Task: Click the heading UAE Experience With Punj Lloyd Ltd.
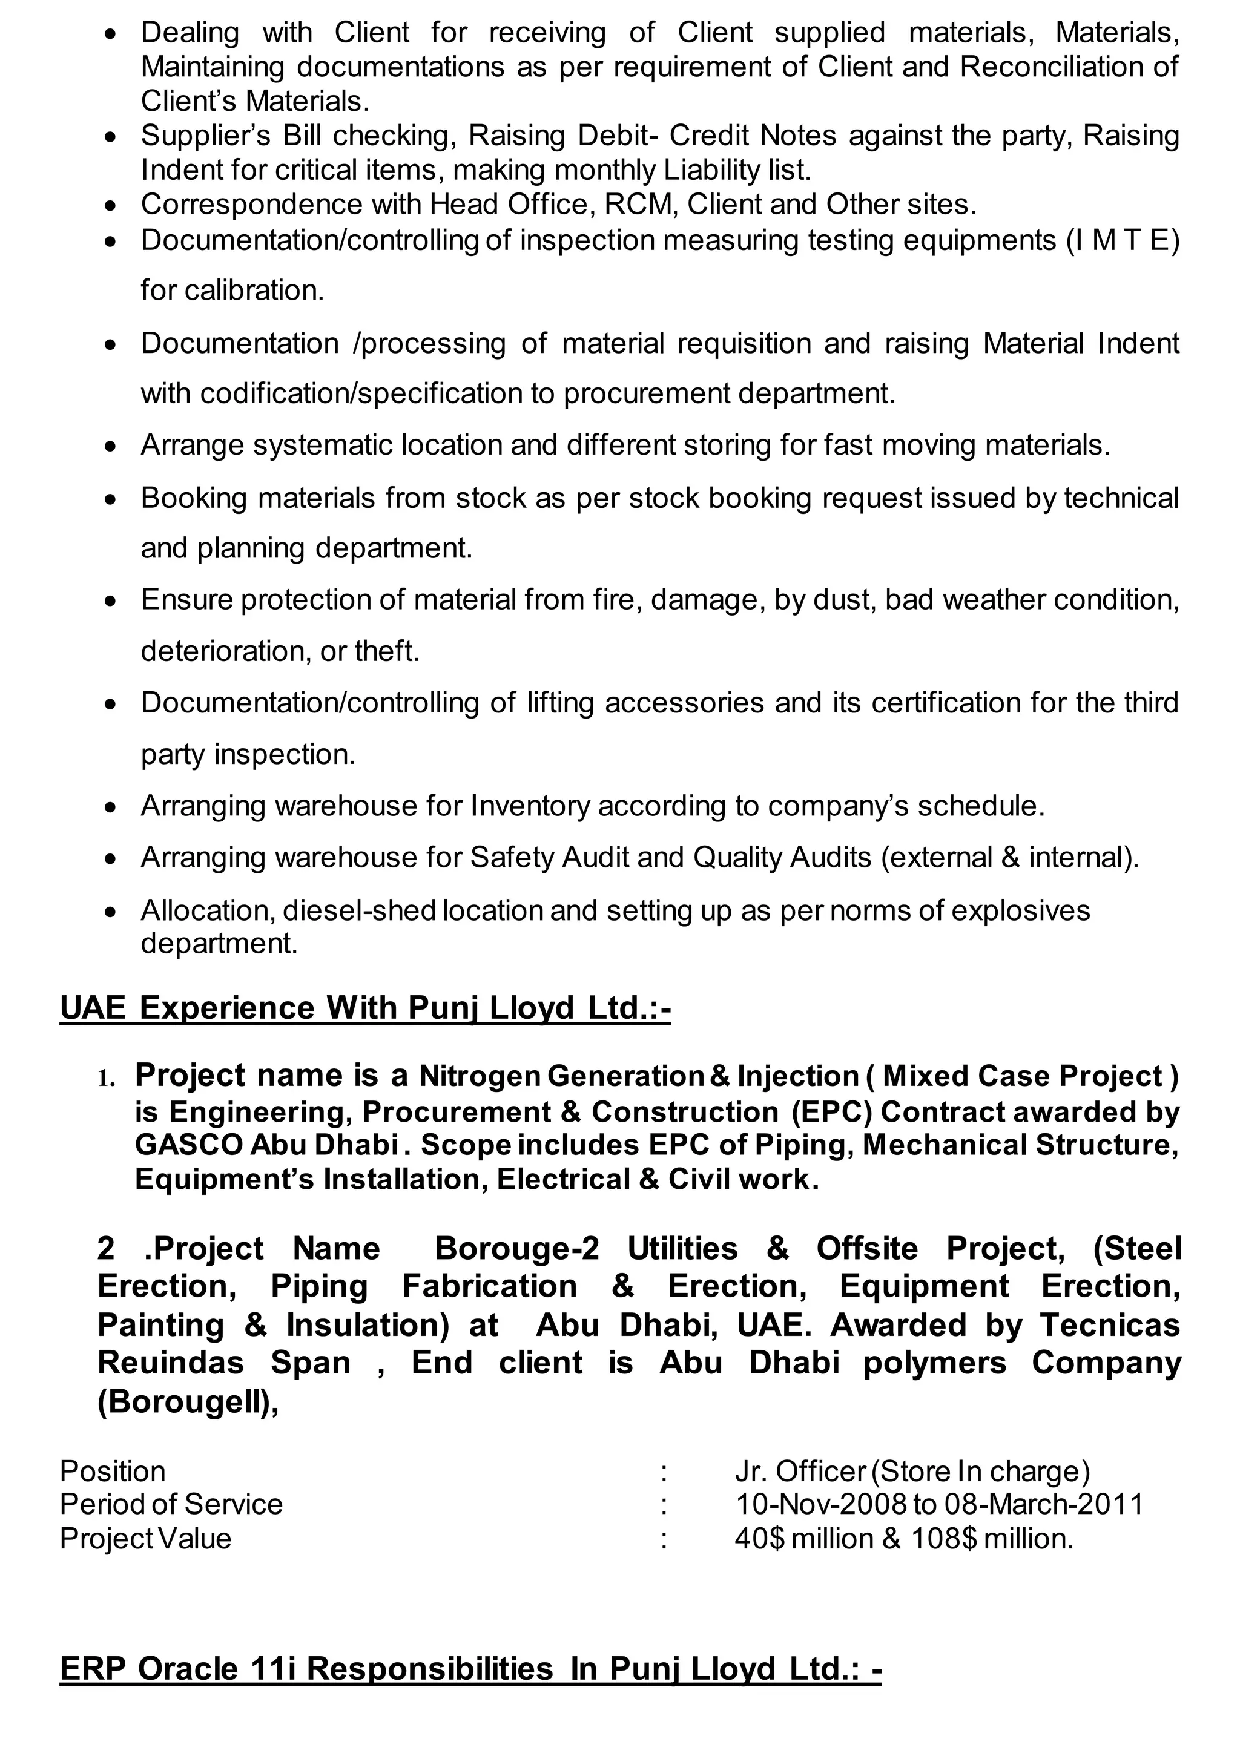pos(364,1008)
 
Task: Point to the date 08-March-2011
pos(1044,1504)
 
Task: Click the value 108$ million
pos(991,1538)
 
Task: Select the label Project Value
pos(145,1538)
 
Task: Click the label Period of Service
pos(171,1504)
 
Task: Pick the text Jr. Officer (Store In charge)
pos(912,1472)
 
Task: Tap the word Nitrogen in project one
pos(479,1076)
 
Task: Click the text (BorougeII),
pos(188,1402)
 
